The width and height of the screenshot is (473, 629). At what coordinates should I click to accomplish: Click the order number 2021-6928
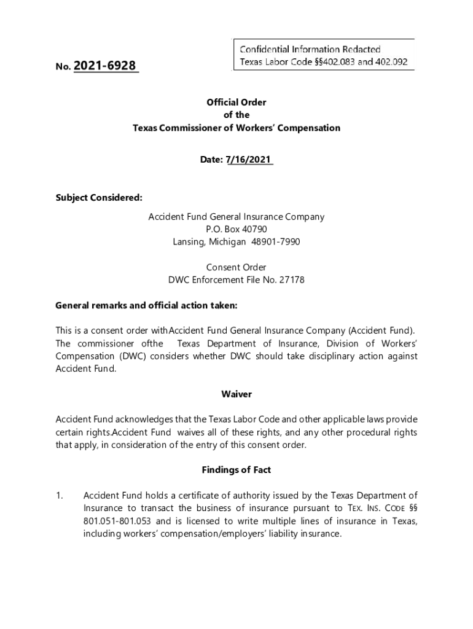tap(105, 66)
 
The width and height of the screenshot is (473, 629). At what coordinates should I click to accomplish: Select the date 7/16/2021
tap(249, 160)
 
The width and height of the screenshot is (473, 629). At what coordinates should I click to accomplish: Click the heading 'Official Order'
tap(237, 103)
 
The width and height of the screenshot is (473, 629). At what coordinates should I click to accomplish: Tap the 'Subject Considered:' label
tap(99, 198)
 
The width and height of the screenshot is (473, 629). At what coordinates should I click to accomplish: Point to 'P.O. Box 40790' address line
tap(237, 229)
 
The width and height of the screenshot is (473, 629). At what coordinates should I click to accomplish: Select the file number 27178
tap(292, 280)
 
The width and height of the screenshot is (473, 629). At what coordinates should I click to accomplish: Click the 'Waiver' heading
tap(237, 394)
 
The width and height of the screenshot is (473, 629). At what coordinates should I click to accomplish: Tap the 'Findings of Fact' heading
tap(237, 470)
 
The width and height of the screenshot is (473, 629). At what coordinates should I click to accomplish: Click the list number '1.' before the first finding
tap(60, 496)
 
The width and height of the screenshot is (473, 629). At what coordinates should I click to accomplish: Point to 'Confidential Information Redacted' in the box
tap(310, 49)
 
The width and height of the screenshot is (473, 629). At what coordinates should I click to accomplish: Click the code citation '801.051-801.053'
tap(115, 522)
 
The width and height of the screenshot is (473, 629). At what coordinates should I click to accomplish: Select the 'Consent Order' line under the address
tap(237, 267)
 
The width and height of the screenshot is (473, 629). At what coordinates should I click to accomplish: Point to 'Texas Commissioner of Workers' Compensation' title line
tap(237, 128)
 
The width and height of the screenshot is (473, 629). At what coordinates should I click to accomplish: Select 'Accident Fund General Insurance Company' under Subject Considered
tap(237, 217)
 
